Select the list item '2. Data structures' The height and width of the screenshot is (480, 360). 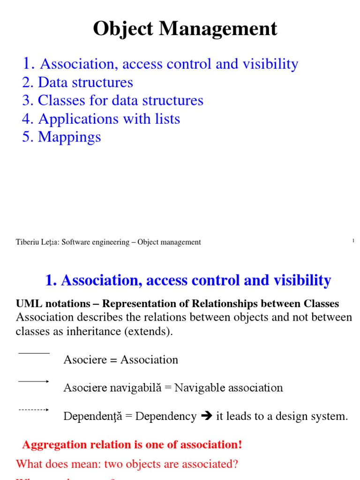[77, 82]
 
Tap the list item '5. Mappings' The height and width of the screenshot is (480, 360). [61, 137]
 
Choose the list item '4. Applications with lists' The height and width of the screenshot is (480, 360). [101, 119]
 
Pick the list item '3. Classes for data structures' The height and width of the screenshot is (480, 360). [112, 100]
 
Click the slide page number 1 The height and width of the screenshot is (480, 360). [353, 240]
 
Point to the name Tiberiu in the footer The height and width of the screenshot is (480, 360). [28, 242]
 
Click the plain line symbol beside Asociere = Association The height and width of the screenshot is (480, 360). [34, 353]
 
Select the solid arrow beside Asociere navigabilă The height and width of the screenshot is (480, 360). [34, 382]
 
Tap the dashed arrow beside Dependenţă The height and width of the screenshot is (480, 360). [34, 410]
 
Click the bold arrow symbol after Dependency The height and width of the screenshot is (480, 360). [206, 416]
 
